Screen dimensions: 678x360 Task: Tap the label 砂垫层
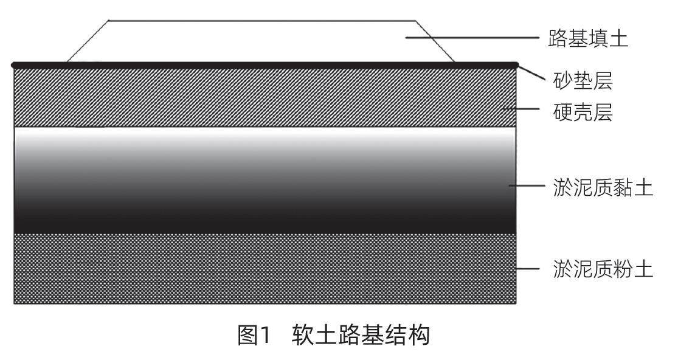pyautogui.click(x=583, y=79)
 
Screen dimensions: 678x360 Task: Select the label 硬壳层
pyautogui.click(x=583, y=112)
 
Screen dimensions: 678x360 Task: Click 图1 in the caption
pyautogui.click(x=252, y=336)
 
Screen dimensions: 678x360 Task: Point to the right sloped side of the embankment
pyautogui.click(x=436, y=41)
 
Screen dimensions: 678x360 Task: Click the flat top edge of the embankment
pyautogui.click(x=261, y=21)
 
